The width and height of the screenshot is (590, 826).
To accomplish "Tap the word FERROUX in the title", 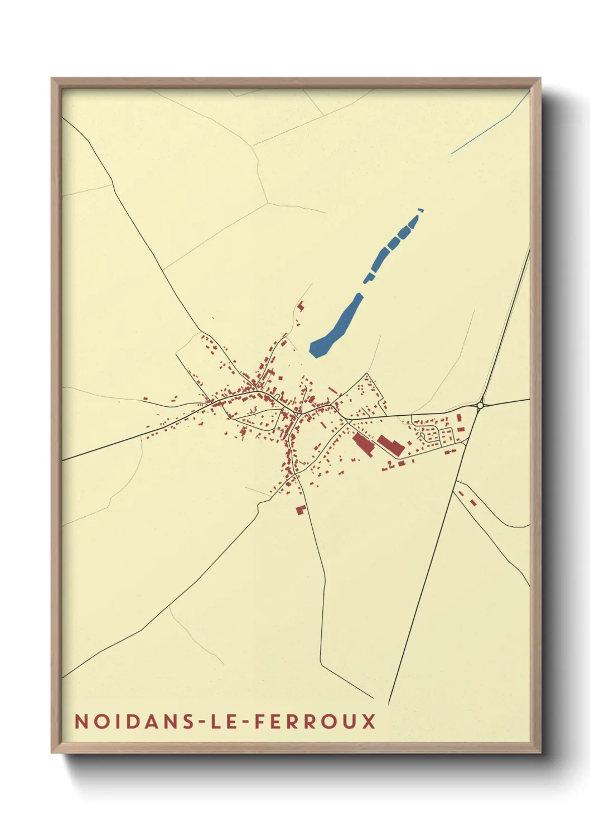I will pos(315,721).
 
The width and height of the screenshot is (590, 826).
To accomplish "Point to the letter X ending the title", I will pos(369,721).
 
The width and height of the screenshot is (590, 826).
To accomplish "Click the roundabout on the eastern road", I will pos(480,405).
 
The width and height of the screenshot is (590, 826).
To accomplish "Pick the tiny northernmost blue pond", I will pos(421,210).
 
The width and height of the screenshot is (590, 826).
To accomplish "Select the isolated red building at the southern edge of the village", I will pos(301,510).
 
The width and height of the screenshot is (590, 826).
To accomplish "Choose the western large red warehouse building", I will pos(363,445).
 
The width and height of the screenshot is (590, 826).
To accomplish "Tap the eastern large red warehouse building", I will pos(391,445).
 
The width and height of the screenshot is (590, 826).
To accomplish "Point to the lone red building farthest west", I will pos(145,398).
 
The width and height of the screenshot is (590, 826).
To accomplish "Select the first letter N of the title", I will pos(80,721).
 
